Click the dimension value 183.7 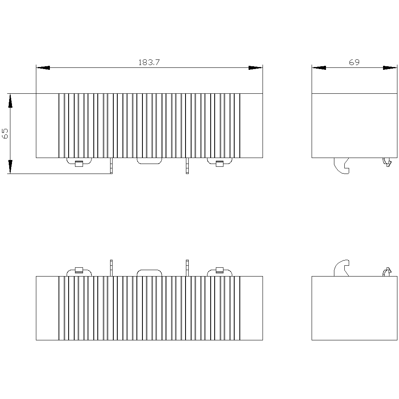[149, 62]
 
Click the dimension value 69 [354, 62]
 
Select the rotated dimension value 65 [5, 134]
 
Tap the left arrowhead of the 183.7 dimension [43, 68]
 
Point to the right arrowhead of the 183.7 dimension [255, 68]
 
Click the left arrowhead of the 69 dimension [319, 68]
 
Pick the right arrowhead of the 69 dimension [390, 68]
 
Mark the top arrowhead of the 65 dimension [10, 101]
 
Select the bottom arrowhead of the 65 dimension [10, 167]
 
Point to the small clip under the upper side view [387, 162]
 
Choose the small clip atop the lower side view [387, 272]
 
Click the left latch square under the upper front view [79, 164]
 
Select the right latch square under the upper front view [219, 164]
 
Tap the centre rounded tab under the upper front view [149, 163]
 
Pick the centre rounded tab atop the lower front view [149, 270]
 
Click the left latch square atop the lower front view [79, 270]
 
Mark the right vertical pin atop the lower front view [187, 268]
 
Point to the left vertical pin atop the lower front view [111, 268]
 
